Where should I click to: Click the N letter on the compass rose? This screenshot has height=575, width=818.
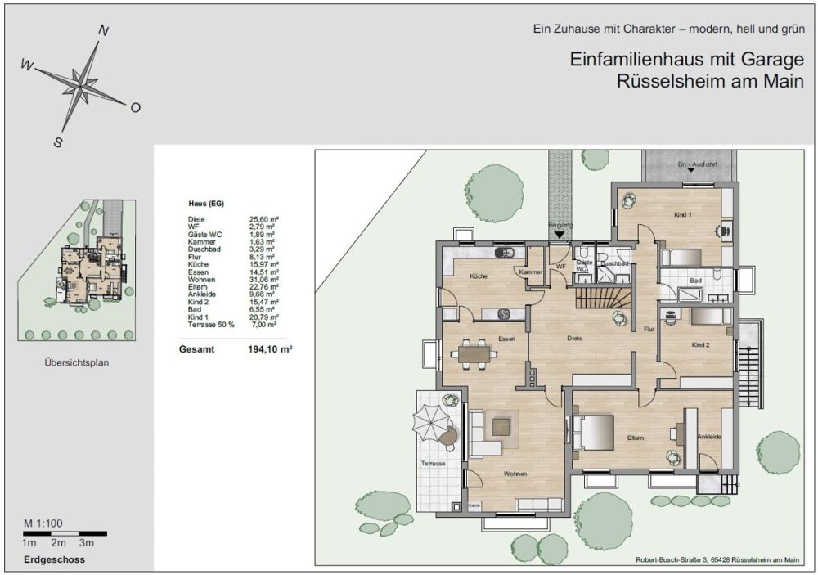click(x=104, y=31)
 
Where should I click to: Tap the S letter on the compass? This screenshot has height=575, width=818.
click(x=58, y=142)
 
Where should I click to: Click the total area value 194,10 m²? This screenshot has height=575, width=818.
click(x=271, y=348)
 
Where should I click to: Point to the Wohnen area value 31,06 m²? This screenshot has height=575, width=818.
click(x=264, y=280)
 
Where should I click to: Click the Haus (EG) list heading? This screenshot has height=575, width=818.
click(x=206, y=203)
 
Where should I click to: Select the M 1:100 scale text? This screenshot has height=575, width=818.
click(x=43, y=523)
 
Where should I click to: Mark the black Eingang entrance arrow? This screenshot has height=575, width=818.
click(x=559, y=235)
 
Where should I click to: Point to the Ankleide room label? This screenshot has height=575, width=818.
click(x=708, y=438)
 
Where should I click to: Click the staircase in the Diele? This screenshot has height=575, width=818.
click(x=606, y=290)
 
